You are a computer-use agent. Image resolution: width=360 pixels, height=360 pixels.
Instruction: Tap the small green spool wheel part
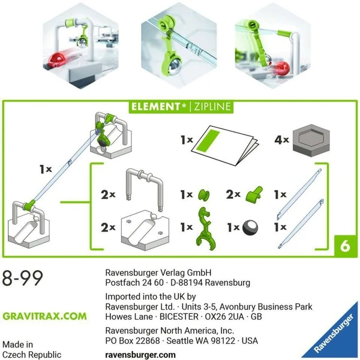tap(205, 194)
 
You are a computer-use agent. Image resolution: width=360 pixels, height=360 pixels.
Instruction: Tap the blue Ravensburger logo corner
tap(335, 337)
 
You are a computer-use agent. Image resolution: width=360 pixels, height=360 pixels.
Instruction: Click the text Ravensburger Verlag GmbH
tap(159, 271)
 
